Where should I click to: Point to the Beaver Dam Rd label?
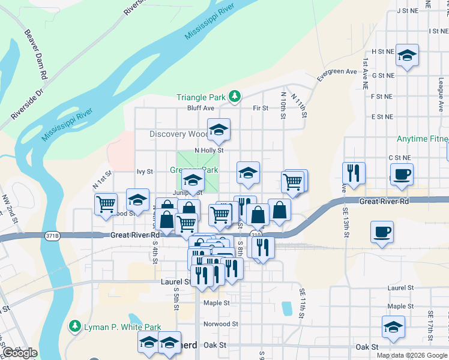click(35, 55)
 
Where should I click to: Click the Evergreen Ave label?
click(337, 72)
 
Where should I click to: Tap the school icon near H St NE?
click(408, 56)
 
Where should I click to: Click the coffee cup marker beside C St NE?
click(401, 174)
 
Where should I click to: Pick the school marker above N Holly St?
click(218, 129)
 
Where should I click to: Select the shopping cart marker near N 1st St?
click(106, 203)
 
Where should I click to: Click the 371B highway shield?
click(52, 236)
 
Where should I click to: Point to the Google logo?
click(19, 353)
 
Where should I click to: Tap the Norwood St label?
click(220, 324)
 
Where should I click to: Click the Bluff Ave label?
click(200, 108)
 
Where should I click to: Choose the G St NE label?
click(383, 76)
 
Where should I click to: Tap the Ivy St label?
click(145, 172)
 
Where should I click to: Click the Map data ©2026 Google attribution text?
click(411, 355)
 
